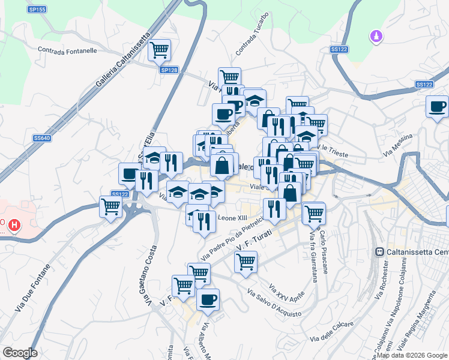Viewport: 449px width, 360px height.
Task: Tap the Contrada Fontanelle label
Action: pyautogui.click(x=67, y=51)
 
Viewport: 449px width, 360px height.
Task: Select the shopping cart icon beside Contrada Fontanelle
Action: pyautogui.click(x=159, y=50)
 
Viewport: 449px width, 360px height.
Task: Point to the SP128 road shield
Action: pyautogui.click(x=169, y=70)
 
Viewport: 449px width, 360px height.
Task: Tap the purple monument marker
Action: pyautogui.click(x=376, y=37)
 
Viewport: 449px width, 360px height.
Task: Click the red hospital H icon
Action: pyautogui.click(x=14, y=226)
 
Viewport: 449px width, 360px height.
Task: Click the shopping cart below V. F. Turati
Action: pyautogui.click(x=245, y=262)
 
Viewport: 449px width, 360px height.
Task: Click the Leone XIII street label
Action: pyautogui.click(x=233, y=218)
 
